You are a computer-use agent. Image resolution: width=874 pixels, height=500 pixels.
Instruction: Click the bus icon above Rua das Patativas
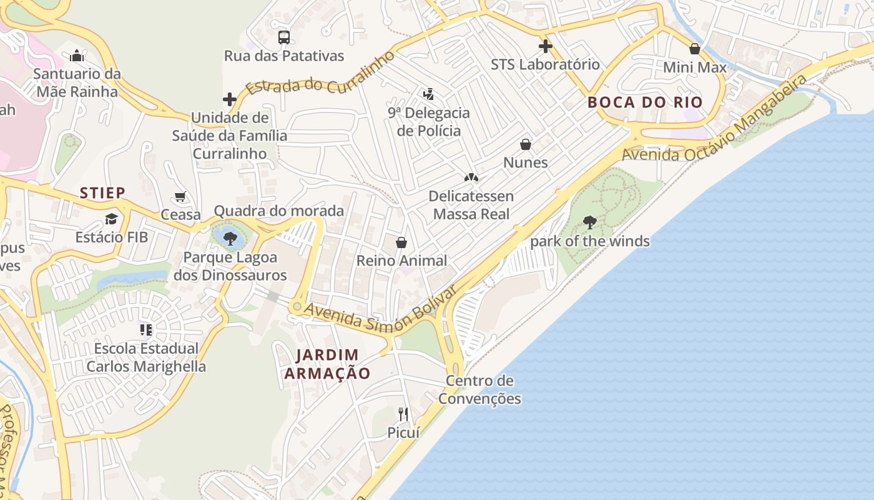point(284,37)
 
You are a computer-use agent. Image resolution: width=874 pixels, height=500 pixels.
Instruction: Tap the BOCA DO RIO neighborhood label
point(645,102)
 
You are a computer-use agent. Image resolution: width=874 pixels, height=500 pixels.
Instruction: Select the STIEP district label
point(102,192)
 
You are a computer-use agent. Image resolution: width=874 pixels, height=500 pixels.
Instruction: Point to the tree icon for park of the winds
point(589,222)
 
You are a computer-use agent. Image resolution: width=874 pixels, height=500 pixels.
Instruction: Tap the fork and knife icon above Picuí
point(403,414)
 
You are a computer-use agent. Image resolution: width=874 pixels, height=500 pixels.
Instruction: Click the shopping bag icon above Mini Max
point(694,49)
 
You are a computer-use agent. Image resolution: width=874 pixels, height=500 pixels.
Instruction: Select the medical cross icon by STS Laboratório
point(545,46)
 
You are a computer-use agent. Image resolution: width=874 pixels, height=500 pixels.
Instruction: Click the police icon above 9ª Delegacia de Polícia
point(428,94)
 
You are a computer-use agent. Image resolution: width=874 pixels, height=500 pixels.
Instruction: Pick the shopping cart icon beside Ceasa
point(180,197)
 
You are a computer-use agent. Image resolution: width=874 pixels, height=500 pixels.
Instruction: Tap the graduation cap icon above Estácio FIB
point(111,219)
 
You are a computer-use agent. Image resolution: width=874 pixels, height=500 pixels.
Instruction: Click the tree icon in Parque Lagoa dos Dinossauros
point(230,237)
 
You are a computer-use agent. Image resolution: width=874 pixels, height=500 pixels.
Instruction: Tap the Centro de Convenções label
point(479,389)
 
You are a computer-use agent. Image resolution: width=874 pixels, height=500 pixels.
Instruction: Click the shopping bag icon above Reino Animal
point(401,242)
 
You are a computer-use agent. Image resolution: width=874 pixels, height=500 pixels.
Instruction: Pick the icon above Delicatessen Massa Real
point(471,177)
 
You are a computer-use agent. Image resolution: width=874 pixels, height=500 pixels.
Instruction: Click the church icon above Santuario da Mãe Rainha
point(77,56)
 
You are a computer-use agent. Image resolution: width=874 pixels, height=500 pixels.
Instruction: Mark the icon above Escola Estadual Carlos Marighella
point(146,329)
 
